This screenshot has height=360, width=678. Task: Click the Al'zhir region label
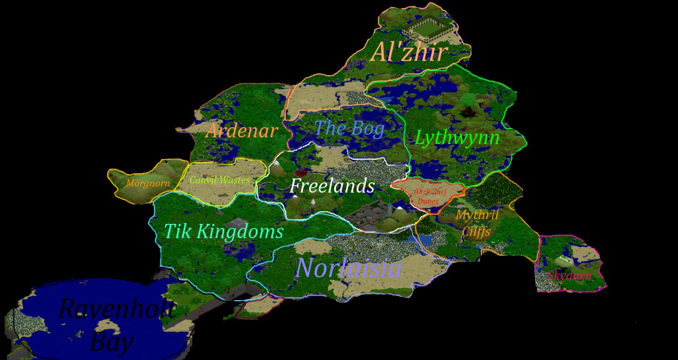pyautogui.click(x=409, y=52)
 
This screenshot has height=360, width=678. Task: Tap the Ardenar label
pyautogui.click(x=241, y=131)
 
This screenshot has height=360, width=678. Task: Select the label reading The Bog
pyautogui.click(x=349, y=128)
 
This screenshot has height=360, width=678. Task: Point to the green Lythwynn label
pyautogui.click(x=457, y=138)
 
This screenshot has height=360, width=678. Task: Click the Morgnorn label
pyautogui.click(x=148, y=184)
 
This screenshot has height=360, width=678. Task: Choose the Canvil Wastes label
pyautogui.click(x=219, y=180)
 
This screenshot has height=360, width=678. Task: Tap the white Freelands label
pyautogui.click(x=332, y=186)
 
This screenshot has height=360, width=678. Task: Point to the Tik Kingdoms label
pyautogui.click(x=224, y=231)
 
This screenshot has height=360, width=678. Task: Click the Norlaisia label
pyautogui.click(x=348, y=268)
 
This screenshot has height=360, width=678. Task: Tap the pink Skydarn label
pyautogui.click(x=569, y=276)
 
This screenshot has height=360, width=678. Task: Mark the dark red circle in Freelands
pyautogui.click(x=301, y=173)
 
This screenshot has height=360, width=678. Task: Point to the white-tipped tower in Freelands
pyautogui.click(x=313, y=203)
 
